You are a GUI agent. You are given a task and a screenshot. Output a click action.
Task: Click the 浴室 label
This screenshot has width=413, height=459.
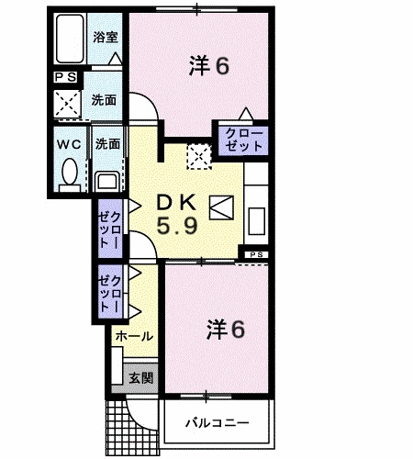coord(106,38)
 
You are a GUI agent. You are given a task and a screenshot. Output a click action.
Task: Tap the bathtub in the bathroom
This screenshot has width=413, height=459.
coord(70,39)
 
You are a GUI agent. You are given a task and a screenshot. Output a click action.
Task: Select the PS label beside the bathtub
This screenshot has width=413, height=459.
coord(65,77)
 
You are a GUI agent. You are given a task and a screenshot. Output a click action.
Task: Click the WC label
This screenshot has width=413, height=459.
coord(69,144)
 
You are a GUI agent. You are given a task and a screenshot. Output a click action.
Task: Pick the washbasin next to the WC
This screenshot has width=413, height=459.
coord(106,182)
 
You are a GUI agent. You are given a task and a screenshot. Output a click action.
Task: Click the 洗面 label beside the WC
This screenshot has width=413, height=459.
coord(107,144)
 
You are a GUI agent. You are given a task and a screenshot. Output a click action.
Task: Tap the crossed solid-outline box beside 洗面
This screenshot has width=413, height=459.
coord(67,104)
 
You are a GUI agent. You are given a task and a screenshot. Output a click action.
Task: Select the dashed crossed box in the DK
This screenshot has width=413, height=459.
coord(199,157)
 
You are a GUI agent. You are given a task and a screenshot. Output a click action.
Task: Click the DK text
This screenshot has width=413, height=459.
coord(176,202)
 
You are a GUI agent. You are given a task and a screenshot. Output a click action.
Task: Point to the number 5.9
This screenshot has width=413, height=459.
coord(177,226)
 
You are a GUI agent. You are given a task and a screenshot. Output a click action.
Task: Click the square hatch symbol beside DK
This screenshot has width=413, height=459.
coord(221,207)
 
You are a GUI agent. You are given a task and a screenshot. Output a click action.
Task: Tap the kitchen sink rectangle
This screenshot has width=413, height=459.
coord(256,221)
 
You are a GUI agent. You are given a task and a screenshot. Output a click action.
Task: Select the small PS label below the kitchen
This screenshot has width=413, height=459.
coord(256,254)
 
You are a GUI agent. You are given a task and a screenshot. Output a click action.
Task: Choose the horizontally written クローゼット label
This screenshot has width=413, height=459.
coord(244,140)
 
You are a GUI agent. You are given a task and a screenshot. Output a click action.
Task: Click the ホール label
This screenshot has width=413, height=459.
coord(134,336)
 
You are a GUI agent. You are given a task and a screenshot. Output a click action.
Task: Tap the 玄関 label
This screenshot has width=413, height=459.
coord(140,378)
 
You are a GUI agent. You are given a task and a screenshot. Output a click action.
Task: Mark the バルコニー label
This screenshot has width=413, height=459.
coord(218,423)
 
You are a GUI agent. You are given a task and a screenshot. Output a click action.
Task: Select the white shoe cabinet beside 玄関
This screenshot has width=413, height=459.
coord(117,365)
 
